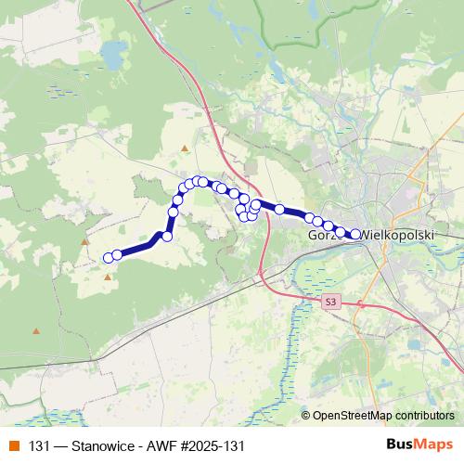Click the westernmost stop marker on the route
click(109, 257)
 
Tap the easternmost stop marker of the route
click(355, 234)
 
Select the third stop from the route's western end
click(167, 237)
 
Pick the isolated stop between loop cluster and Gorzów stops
click(279, 209)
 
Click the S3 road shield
click(331, 303)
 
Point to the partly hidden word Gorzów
click(320, 236)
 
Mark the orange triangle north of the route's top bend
click(186, 148)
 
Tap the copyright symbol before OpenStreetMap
click(305, 416)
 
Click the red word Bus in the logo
click(401, 445)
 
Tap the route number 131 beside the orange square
click(39, 445)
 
